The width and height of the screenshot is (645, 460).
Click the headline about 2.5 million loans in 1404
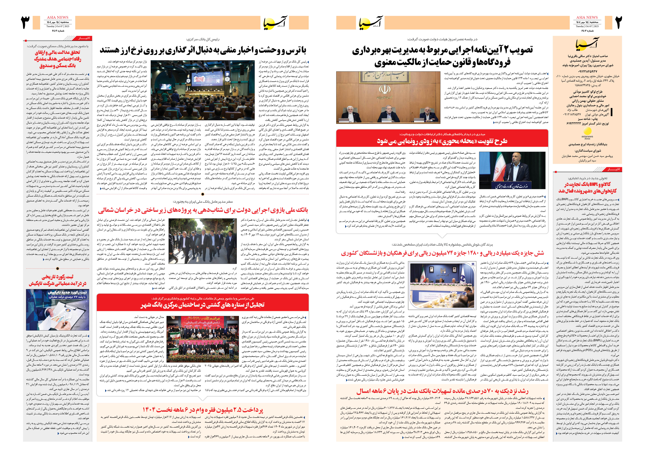[x=203, y=410]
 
